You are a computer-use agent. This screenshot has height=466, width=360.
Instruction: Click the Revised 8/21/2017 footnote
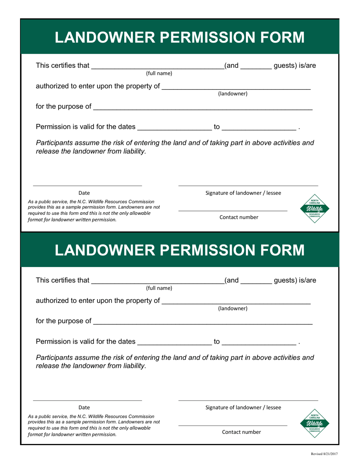pos(324,453)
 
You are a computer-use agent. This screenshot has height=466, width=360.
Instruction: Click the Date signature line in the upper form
pos(87,186)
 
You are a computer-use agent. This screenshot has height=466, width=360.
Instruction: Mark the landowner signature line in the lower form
pos(248,400)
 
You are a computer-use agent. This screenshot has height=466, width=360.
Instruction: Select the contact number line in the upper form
pos(233,210)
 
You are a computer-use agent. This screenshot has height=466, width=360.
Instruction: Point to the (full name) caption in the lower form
pos(159,288)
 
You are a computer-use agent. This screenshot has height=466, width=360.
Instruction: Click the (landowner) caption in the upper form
pos(233,94)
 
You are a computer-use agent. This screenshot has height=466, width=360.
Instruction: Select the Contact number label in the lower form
pos(241,432)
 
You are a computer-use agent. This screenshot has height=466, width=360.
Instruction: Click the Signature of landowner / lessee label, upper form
pos(243,193)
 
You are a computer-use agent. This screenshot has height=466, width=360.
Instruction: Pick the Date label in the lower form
pos(84,408)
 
